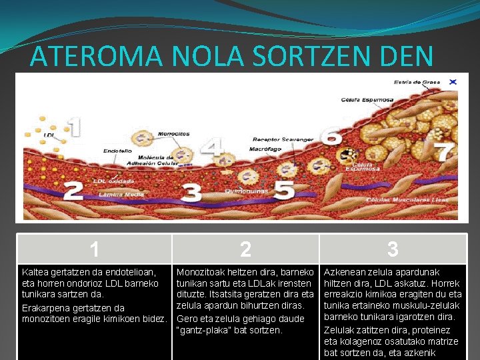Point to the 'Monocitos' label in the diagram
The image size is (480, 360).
(173, 134)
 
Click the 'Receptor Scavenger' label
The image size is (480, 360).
(283, 139)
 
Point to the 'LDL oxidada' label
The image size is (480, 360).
(113, 181)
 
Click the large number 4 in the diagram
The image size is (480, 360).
(212, 147)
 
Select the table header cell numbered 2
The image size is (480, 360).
(245, 249)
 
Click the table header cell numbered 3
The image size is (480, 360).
(393, 249)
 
